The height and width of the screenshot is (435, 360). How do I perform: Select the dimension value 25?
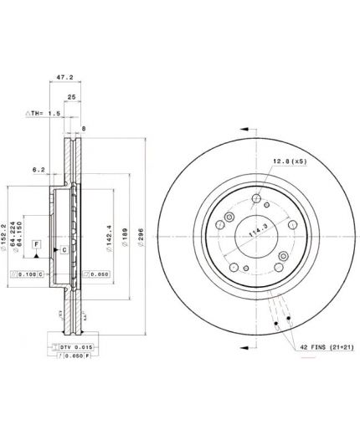tap(72, 97)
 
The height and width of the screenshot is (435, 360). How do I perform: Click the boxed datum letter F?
tap(36, 243)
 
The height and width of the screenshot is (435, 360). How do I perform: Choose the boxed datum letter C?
tap(64, 250)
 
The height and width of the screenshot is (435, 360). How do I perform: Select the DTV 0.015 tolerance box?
tap(59, 345)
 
